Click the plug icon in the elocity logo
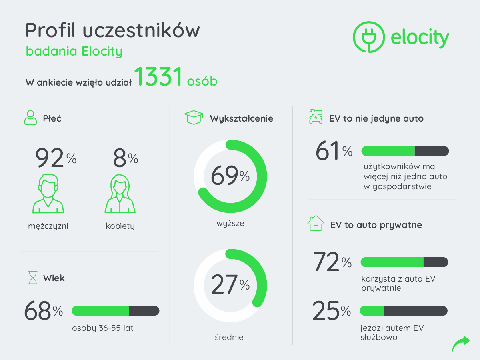tap(368, 37)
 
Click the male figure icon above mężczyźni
tap(48, 194)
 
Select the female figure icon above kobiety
tap(120, 194)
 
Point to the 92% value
tap(56, 158)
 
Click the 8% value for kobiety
tap(125, 158)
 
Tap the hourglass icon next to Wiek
tap(32, 278)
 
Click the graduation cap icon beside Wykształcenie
tap(194, 118)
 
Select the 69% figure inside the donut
tap(230, 176)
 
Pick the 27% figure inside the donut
tap(230, 285)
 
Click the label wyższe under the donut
tap(230, 223)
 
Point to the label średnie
tap(229, 337)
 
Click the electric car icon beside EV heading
tap(316, 117)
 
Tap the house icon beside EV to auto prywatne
tap(316, 223)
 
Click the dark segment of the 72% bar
tap(435, 262)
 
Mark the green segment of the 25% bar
tap(372, 310)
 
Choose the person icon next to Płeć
tap(30, 118)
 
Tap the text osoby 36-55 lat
tap(103, 328)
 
